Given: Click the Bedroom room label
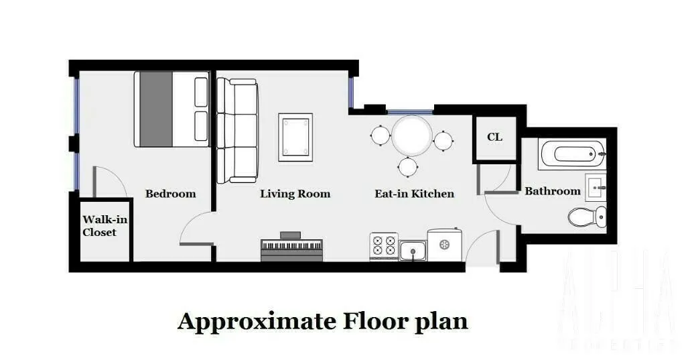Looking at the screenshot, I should pos(171,194).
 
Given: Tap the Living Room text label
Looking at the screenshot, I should pos(295,194).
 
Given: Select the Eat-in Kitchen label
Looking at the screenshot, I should pos(414,194).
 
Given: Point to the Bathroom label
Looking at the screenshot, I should pos(552,191).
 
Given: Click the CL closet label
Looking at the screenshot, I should pos(494,137).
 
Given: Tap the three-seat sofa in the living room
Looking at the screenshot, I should pos(236,131).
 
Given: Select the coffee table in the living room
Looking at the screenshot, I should pos(295,137).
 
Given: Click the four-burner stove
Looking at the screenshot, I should pos(383,247).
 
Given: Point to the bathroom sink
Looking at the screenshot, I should pos(596,187).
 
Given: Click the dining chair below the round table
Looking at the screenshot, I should pos(408,166).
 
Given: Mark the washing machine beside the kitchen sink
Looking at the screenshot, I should pos(443,244).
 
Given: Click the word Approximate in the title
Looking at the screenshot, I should pos(257,321).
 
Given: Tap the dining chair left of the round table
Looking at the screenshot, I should pos(380,136).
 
